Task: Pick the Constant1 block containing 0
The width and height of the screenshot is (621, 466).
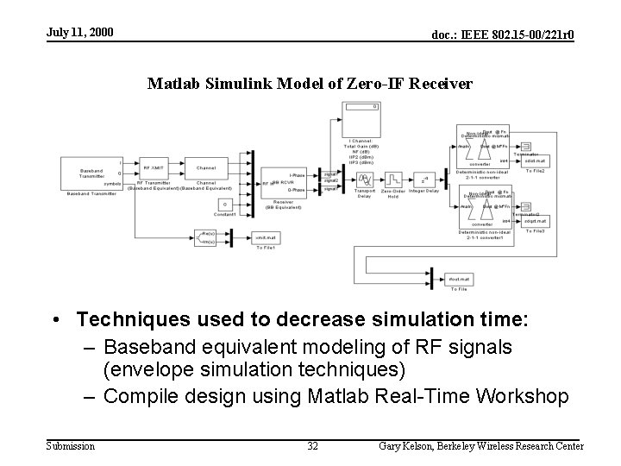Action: click(224, 204)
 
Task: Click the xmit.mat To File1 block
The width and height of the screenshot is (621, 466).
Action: click(265, 236)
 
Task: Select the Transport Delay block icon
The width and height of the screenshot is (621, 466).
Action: click(365, 179)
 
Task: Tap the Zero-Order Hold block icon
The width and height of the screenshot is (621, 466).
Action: click(393, 179)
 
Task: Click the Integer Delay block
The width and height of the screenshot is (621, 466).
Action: click(423, 179)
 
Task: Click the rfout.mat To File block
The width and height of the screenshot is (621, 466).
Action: click(458, 279)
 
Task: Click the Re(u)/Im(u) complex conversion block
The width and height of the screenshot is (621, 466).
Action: click(207, 236)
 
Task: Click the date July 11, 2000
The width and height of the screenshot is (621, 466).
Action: click(79, 33)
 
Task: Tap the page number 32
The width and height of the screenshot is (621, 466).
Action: click(312, 446)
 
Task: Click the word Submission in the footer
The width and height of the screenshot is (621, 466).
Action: click(71, 446)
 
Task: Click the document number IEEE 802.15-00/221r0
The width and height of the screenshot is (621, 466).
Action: click(504, 35)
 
